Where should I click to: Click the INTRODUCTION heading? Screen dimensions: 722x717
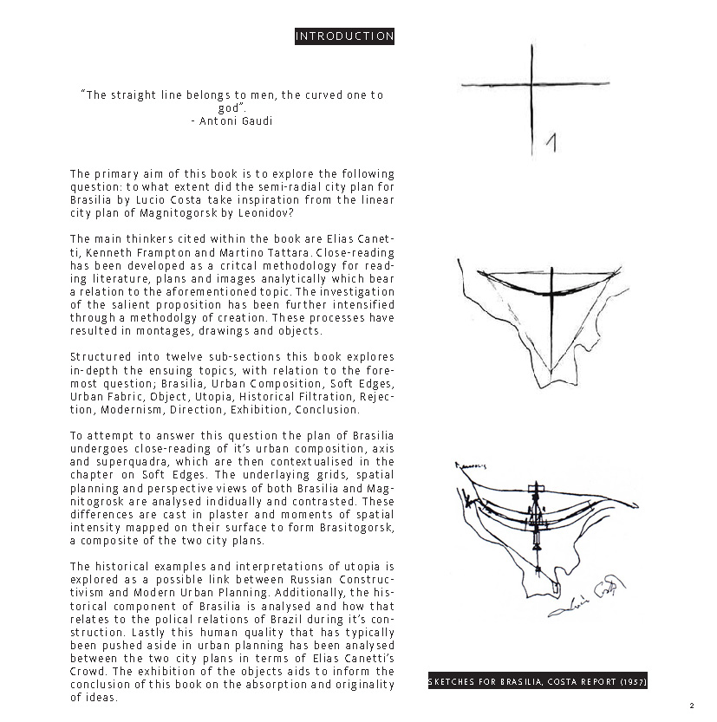pos(344,36)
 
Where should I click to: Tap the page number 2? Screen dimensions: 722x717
pos(692,705)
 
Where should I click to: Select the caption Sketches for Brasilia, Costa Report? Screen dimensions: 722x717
pos(538,682)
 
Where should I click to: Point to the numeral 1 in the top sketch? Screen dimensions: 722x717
pos(550,142)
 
